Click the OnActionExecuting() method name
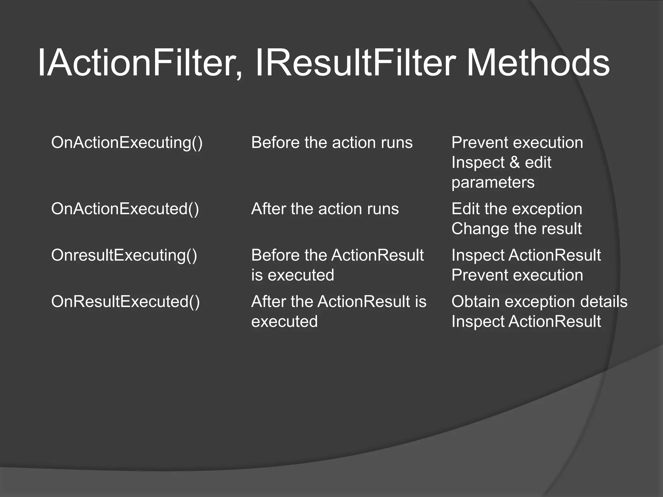pyautogui.click(x=127, y=143)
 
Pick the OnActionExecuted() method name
pyautogui.click(x=125, y=209)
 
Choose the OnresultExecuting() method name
pyautogui.click(x=124, y=255)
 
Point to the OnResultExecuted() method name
pyautogui.click(x=125, y=302)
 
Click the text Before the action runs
pyautogui.click(x=332, y=143)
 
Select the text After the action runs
pyautogui.click(x=325, y=209)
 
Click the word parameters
pyautogui.click(x=493, y=182)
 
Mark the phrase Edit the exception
pyautogui.click(x=517, y=209)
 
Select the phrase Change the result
pyautogui.click(x=516, y=229)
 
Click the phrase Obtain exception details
pyautogui.click(x=539, y=302)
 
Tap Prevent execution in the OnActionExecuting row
pyautogui.click(x=517, y=143)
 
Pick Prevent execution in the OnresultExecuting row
pyautogui.click(x=517, y=275)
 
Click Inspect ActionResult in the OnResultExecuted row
pyautogui.click(x=526, y=322)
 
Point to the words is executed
pyautogui.click(x=292, y=275)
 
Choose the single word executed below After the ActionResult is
pyautogui.click(x=284, y=322)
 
